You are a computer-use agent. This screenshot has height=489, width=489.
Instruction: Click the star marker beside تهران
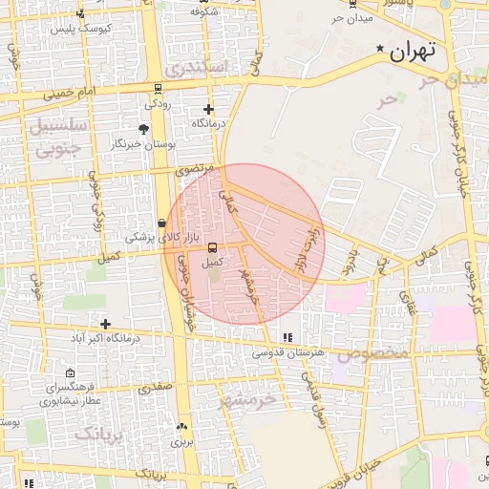(382, 49)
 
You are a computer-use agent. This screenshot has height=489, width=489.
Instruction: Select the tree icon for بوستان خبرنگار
(143, 129)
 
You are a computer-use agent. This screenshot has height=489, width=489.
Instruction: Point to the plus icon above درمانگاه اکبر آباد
(105, 325)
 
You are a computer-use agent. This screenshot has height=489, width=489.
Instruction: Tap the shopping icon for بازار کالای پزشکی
(162, 223)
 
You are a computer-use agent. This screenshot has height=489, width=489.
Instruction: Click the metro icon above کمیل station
(212, 248)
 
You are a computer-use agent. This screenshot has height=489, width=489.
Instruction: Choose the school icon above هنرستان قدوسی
(287, 337)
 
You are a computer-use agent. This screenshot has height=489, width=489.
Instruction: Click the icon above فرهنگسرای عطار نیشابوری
(70, 373)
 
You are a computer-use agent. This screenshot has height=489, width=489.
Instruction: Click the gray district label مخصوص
(371, 352)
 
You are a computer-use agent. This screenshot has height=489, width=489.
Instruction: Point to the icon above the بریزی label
(181, 427)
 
